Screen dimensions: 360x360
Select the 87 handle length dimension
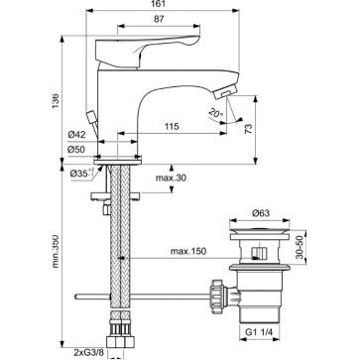click(159, 19)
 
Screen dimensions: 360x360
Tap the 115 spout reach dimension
click(173, 126)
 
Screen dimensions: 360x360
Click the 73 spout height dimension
click(249, 128)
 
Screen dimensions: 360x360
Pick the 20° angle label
click(216, 114)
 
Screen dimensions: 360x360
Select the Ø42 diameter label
click(76, 135)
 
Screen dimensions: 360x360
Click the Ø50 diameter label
click(76, 150)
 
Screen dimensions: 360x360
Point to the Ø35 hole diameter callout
click(81, 173)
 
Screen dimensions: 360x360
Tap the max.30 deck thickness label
click(171, 178)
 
